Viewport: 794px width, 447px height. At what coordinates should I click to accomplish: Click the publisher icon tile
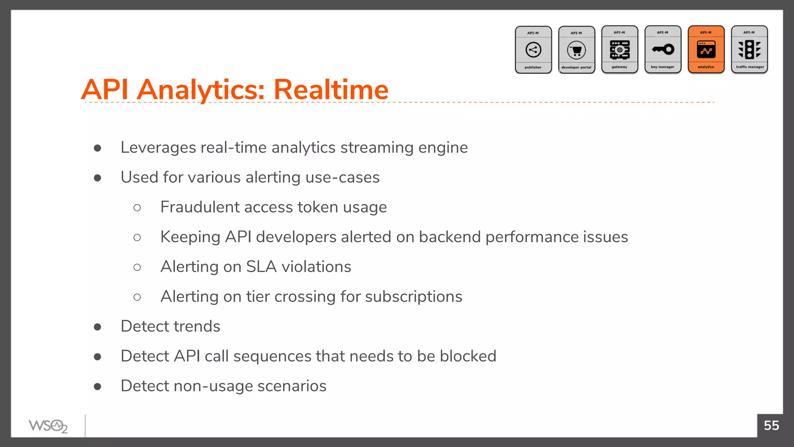tap(533, 50)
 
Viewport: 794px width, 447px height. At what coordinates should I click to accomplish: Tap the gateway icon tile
tap(620, 50)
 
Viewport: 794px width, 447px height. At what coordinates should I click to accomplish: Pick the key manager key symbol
tap(663, 49)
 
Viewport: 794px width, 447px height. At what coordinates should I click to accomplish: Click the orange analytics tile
tap(706, 50)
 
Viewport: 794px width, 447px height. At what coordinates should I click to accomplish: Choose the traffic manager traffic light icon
tap(749, 50)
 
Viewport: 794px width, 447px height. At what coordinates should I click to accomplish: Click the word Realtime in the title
tap(331, 90)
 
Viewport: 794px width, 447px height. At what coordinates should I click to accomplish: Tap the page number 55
tap(771, 426)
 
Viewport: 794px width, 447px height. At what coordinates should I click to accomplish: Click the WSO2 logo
tap(48, 426)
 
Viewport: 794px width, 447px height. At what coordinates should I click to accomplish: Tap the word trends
tap(197, 326)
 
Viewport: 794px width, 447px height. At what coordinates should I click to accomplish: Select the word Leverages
tap(158, 148)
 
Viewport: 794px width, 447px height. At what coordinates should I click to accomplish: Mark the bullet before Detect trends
tap(98, 327)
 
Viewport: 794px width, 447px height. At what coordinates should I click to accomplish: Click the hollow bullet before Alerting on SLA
tap(137, 267)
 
